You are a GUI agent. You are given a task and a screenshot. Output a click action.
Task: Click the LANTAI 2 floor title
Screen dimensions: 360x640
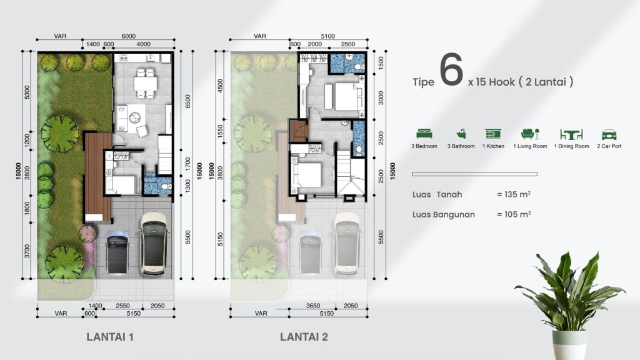tap(304, 337)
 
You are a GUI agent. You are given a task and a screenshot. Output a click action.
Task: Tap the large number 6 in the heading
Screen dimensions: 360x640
tap(451, 71)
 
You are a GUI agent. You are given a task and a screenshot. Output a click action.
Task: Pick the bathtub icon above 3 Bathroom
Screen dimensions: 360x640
tap(461, 134)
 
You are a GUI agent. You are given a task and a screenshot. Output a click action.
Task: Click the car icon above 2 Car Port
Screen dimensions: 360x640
tap(608, 134)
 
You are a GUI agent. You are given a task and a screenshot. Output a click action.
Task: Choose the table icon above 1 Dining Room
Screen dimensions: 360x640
tap(571, 134)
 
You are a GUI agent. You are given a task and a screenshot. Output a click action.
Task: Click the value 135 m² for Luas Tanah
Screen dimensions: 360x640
tap(514, 194)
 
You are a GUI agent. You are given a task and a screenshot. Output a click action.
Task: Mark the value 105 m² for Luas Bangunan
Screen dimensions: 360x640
tap(514, 214)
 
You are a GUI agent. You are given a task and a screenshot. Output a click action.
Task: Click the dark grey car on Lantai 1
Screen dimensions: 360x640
tap(117, 252)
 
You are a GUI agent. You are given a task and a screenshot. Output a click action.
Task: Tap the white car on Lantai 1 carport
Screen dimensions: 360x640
tap(154, 244)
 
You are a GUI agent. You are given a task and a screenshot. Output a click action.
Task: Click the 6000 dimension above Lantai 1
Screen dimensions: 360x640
tap(129, 36)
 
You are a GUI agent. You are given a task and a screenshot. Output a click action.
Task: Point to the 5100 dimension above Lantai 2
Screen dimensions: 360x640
tap(327, 36)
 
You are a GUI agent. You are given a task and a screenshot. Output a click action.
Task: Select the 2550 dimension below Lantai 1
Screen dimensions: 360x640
tap(122, 306)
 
